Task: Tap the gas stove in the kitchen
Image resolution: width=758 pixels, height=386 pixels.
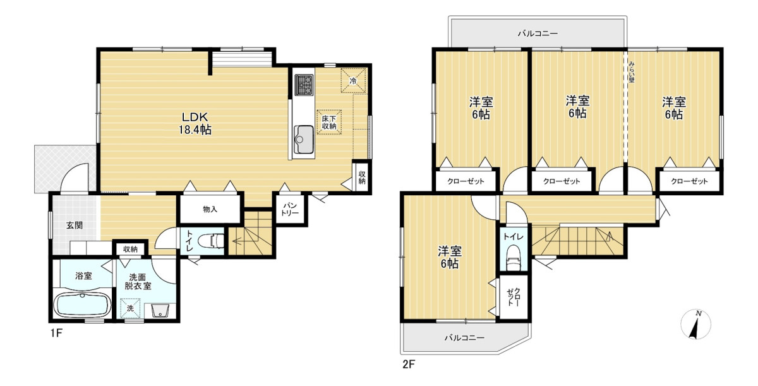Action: click(304, 85)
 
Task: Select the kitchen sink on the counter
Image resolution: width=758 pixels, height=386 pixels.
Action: click(304, 140)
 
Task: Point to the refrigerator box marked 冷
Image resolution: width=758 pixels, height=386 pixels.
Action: click(353, 80)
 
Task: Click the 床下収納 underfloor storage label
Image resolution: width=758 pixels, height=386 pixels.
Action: click(329, 122)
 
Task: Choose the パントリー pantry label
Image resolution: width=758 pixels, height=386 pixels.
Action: click(290, 209)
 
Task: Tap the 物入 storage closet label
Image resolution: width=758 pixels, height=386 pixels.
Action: click(210, 209)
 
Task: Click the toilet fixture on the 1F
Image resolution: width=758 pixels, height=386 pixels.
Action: click(211, 241)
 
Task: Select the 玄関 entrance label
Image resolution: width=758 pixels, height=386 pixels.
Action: click(75, 225)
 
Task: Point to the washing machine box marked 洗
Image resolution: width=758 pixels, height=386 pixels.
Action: click(130, 308)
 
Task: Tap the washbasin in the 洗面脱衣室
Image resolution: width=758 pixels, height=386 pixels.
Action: click(160, 310)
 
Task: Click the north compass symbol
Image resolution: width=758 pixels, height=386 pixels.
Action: click(696, 325)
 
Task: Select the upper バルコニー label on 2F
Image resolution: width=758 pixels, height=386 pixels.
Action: click(538, 33)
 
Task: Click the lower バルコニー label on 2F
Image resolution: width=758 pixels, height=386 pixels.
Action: click(465, 337)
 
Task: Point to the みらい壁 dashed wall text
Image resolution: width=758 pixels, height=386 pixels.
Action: click(632, 72)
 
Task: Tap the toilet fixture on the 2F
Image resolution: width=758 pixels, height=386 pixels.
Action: click(514, 258)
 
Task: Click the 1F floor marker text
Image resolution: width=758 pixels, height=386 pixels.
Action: click(56, 333)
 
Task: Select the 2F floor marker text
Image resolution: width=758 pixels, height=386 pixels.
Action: click(409, 365)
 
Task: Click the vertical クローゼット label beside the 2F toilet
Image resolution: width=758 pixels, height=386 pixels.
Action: click(514, 298)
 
